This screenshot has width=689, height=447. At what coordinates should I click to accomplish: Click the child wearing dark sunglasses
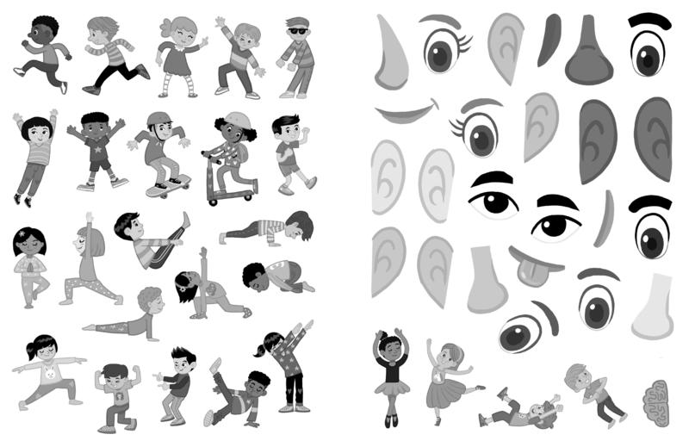[297, 56]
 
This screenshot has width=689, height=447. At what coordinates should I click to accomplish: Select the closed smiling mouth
[405, 112]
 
